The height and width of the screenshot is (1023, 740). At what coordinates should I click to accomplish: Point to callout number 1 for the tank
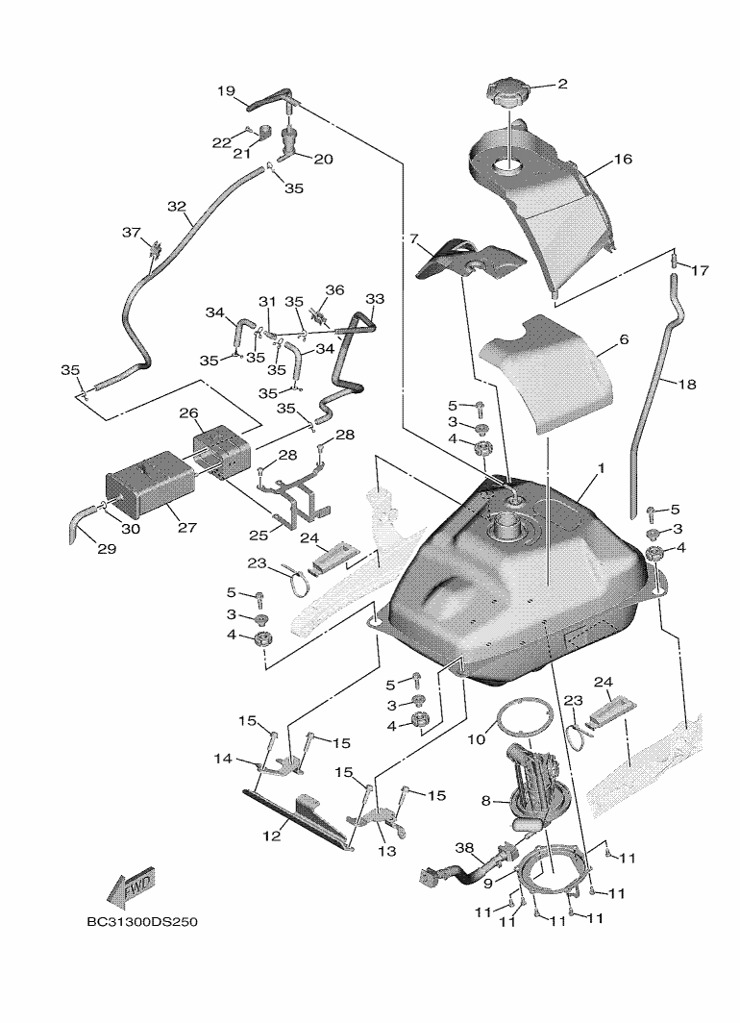click(600, 468)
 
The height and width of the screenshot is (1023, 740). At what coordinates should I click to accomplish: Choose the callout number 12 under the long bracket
click(272, 836)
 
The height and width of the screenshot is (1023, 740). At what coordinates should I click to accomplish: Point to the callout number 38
click(464, 849)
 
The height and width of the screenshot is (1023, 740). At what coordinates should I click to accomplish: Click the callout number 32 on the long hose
click(176, 207)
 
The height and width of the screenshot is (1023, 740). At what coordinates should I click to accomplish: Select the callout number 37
click(132, 233)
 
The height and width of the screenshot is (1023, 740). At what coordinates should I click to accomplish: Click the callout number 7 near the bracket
click(415, 238)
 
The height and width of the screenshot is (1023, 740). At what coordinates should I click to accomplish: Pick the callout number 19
click(226, 91)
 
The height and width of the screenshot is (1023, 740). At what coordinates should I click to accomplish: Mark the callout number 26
click(188, 413)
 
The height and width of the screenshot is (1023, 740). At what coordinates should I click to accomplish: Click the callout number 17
click(700, 271)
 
